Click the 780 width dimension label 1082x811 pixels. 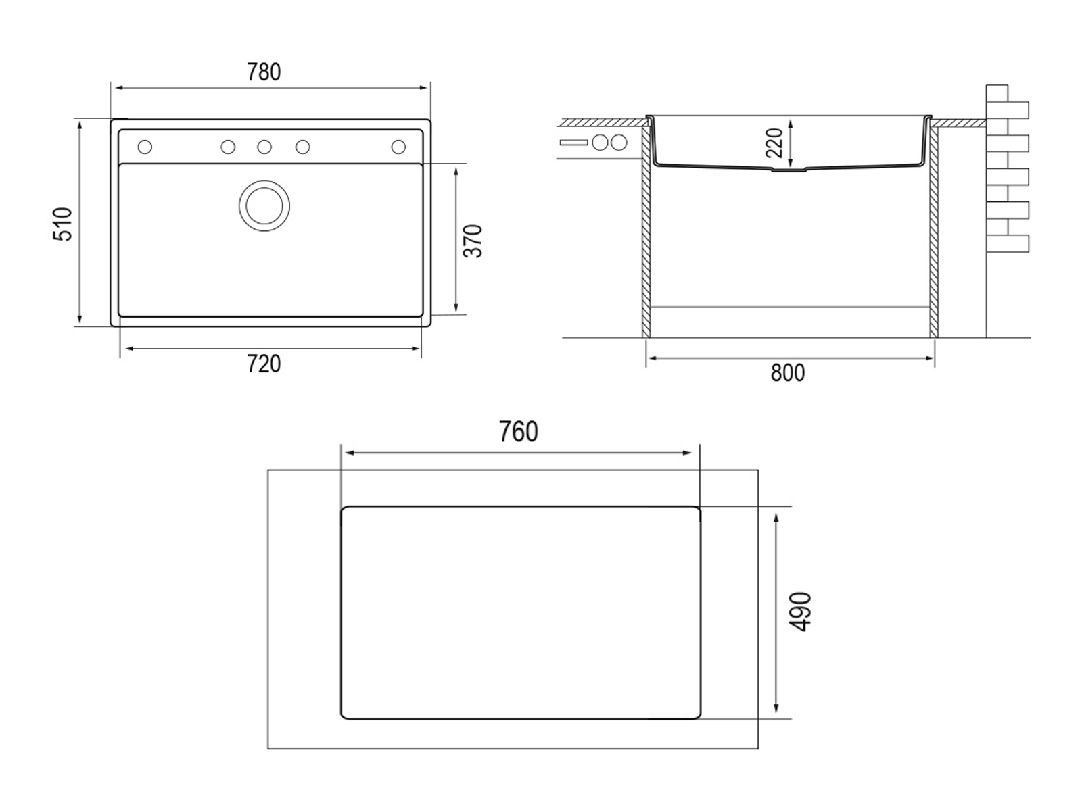(x=264, y=72)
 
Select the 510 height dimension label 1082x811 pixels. (x=62, y=224)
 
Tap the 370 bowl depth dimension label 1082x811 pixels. (x=473, y=241)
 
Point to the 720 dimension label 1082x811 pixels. (x=264, y=364)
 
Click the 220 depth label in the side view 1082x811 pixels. (x=774, y=143)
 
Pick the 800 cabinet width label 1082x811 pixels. (x=788, y=373)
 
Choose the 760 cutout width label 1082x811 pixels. (x=518, y=432)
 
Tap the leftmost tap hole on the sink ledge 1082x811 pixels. (x=145, y=147)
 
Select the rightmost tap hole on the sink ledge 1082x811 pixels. (x=398, y=147)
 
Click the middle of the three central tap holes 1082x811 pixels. (x=264, y=147)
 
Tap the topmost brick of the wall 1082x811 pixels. (x=997, y=93)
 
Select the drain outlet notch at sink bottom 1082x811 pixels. (x=790, y=170)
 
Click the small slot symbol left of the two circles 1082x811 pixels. (x=573, y=143)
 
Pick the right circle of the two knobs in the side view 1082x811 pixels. (x=619, y=143)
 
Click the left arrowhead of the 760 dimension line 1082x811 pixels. (x=347, y=453)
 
